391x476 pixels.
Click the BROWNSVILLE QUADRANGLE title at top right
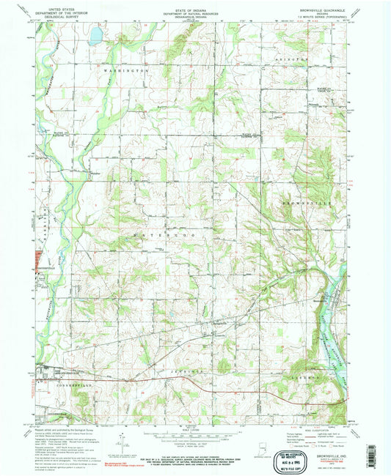point(317,10)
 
